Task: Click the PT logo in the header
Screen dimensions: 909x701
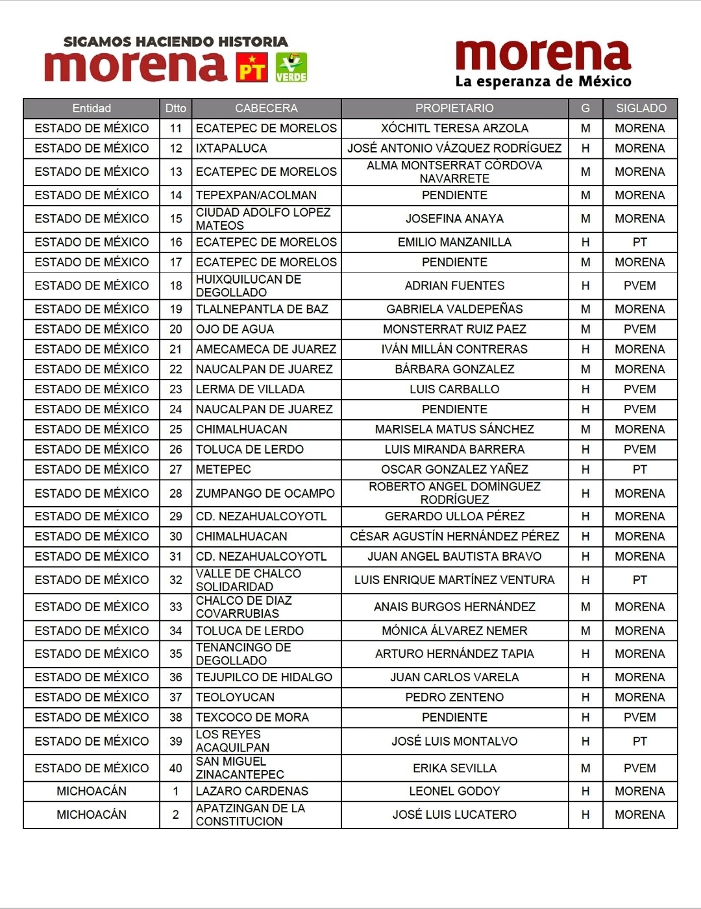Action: (x=252, y=67)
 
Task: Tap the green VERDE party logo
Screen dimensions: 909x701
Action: (x=291, y=67)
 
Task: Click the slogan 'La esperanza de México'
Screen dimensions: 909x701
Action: (x=543, y=82)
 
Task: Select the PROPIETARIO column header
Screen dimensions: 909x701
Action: (x=454, y=108)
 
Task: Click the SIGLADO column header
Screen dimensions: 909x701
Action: (x=641, y=108)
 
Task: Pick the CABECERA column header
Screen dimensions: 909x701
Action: (x=266, y=108)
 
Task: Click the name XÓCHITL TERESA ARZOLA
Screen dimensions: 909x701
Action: (x=454, y=128)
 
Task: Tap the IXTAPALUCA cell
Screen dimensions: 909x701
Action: (x=232, y=149)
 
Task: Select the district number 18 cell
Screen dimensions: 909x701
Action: (x=176, y=285)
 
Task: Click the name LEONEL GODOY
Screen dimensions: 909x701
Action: (x=454, y=792)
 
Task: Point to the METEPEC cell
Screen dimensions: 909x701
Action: (x=223, y=470)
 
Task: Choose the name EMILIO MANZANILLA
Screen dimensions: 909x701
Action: (x=454, y=243)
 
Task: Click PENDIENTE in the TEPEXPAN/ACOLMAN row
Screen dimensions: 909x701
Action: (x=454, y=195)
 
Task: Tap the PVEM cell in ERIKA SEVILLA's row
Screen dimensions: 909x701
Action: (x=640, y=768)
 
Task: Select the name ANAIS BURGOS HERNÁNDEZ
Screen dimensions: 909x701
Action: (x=454, y=607)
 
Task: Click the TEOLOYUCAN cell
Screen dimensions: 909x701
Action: (x=235, y=697)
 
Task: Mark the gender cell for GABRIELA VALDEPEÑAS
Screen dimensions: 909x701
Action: (x=585, y=309)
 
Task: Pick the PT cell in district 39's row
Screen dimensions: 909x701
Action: (x=640, y=742)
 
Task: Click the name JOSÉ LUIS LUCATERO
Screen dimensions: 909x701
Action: (x=454, y=815)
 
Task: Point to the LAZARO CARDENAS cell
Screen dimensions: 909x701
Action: (x=252, y=792)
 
